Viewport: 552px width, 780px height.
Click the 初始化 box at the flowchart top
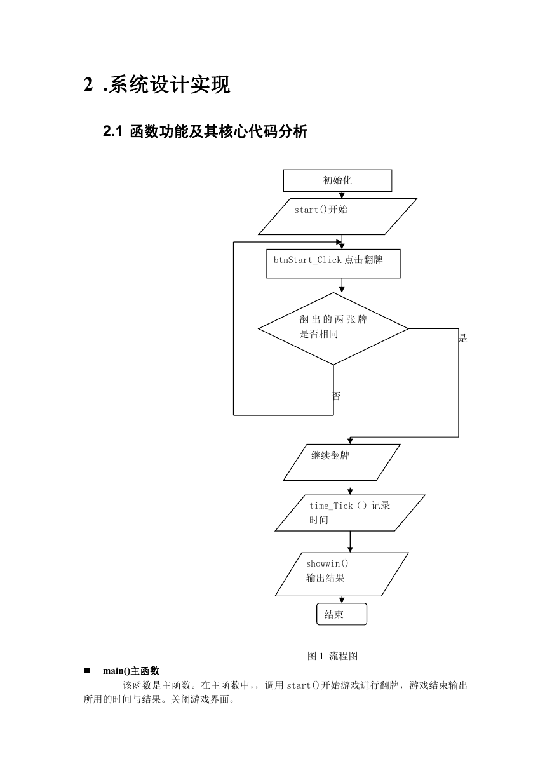(337, 180)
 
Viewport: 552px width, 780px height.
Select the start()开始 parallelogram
(337, 217)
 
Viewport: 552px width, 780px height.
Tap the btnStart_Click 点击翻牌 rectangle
(333, 264)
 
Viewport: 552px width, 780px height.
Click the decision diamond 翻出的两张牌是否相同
(333, 328)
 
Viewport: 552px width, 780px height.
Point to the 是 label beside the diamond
(462, 338)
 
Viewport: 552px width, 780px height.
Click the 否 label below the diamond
(337, 396)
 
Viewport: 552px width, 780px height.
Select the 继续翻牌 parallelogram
(341, 462)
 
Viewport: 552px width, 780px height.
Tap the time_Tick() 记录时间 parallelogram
(349, 513)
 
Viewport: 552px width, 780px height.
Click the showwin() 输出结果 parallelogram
(341, 574)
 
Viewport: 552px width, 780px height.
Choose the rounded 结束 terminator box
(341, 614)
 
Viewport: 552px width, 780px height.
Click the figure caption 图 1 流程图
(332, 656)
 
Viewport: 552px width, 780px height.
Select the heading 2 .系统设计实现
(157, 84)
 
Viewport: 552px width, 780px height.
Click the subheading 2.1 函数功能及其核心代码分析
(205, 131)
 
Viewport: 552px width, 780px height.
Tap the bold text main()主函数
(131, 671)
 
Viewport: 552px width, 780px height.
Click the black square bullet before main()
(87, 671)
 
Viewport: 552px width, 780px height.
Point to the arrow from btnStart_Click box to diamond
(342, 285)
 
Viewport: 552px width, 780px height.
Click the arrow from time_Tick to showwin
(350, 542)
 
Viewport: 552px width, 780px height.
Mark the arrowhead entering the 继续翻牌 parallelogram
(350, 441)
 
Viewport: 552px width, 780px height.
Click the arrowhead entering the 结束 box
(342, 600)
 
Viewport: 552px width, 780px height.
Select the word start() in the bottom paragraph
(302, 685)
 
